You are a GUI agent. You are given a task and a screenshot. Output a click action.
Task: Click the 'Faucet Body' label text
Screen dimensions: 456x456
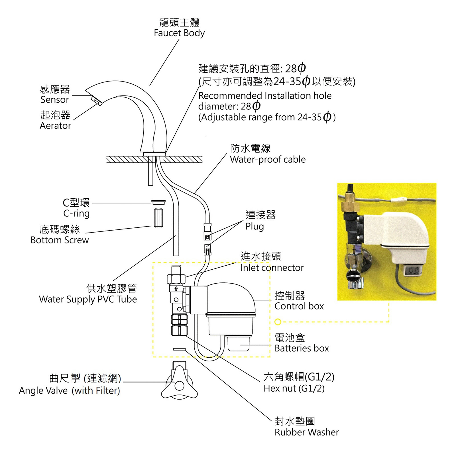[x=179, y=33]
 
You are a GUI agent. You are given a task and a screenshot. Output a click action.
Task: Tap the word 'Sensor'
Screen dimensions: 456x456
[x=55, y=100]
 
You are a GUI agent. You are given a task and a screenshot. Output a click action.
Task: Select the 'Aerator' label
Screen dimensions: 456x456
[x=55, y=126]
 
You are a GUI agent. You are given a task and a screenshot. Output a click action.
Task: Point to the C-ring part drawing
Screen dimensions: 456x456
[x=158, y=202]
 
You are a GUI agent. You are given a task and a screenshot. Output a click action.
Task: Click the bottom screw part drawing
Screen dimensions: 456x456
[x=158, y=218]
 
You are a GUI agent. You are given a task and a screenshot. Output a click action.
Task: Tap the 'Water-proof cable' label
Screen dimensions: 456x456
[x=268, y=159]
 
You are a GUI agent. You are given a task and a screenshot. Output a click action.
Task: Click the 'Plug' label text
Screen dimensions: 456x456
[x=255, y=227]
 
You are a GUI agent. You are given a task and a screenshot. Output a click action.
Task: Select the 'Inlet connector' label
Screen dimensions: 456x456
[x=272, y=268]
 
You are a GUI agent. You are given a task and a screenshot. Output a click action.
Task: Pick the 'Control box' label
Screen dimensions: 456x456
[x=299, y=306]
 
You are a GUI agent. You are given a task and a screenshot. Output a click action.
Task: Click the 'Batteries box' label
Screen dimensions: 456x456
[x=302, y=348]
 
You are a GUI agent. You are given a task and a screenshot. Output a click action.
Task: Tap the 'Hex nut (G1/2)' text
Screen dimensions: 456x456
[x=294, y=388]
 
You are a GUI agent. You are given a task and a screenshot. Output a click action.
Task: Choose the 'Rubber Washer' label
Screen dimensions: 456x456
[x=307, y=432]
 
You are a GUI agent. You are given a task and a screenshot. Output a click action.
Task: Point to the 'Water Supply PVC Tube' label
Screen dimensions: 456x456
[x=88, y=299]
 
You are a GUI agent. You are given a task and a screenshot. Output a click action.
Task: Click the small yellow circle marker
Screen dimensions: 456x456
[x=278, y=322]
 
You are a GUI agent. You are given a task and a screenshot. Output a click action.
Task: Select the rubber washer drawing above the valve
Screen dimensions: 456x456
[x=179, y=349]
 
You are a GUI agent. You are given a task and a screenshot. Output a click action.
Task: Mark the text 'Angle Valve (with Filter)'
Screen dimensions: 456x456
[x=69, y=390]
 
